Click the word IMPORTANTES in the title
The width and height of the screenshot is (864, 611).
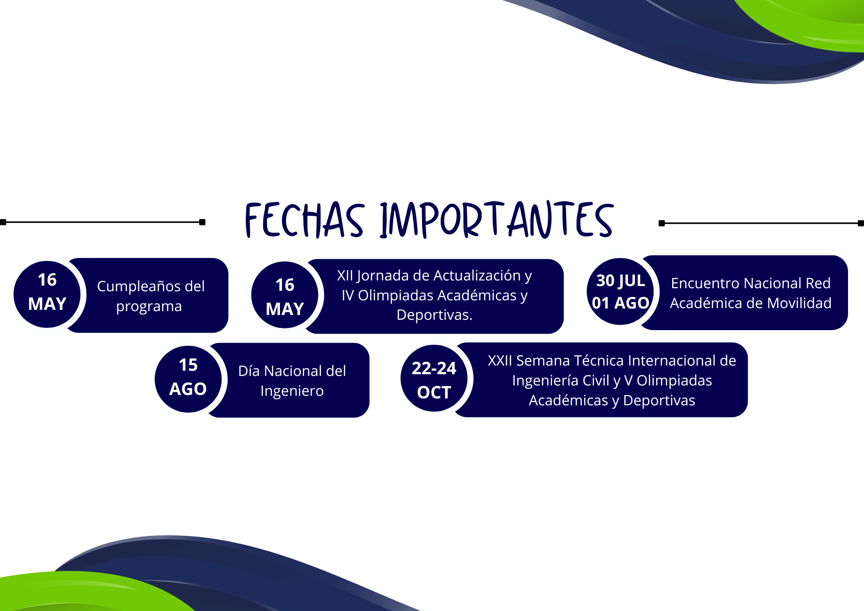click(497, 220)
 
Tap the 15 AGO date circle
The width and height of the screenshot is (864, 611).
click(188, 379)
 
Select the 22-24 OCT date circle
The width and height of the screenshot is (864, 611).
click(434, 379)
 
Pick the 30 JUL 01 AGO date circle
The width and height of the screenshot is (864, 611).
click(620, 292)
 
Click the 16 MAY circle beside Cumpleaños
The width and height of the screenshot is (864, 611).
click(47, 294)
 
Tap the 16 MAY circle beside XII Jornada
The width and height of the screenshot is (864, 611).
click(285, 295)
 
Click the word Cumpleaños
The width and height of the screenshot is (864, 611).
click(135, 286)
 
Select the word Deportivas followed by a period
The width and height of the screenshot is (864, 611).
click(435, 315)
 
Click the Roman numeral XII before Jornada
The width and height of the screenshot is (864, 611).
click(345, 275)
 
